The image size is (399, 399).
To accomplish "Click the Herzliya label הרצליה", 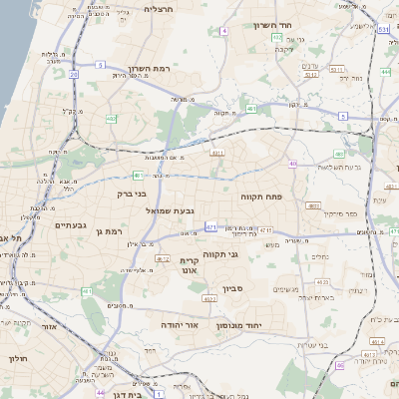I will click(x=158, y=9).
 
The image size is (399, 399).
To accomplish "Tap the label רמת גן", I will click(x=106, y=231).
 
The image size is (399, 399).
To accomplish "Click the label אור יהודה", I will click(x=180, y=325).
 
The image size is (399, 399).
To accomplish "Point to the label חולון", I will click(x=19, y=358).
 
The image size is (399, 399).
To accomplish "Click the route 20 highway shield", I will click(x=74, y=74).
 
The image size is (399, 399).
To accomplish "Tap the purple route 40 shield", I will click(x=292, y=164).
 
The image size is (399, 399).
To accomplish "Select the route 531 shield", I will click(x=383, y=31).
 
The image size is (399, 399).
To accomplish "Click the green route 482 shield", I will click(x=111, y=119).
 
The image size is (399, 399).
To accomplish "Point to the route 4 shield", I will click(x=225, y=31).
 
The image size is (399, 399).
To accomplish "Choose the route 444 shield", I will click(x=385, y=72).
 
